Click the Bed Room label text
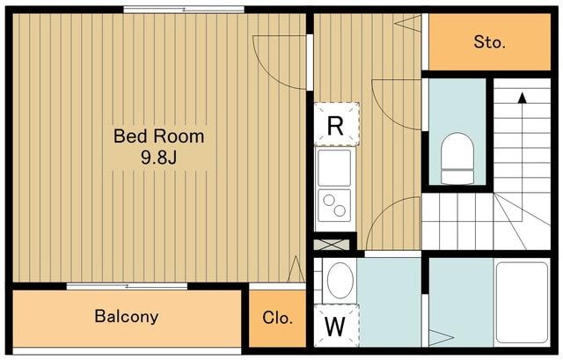click(x=158, y=136)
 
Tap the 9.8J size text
click(x=158, y=157)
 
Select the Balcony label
click(x=127, y=317)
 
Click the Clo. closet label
click(x=277, y=318)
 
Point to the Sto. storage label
click(x=489, y=42)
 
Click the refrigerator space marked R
click(x=336, y=124)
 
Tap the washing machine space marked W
click(x=336, y=326)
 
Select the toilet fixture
click(x=457, y=158)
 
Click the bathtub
click(x=522, y=303)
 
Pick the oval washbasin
click(x=340, y=280)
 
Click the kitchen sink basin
click(x=334, y=168)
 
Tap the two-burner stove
click(x=334, y=205)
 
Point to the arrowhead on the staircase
click(x=522, y=98)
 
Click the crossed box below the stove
click(x=332, y=245)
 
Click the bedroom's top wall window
click(x=184, y=10)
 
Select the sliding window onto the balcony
click(x=127, y=286)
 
